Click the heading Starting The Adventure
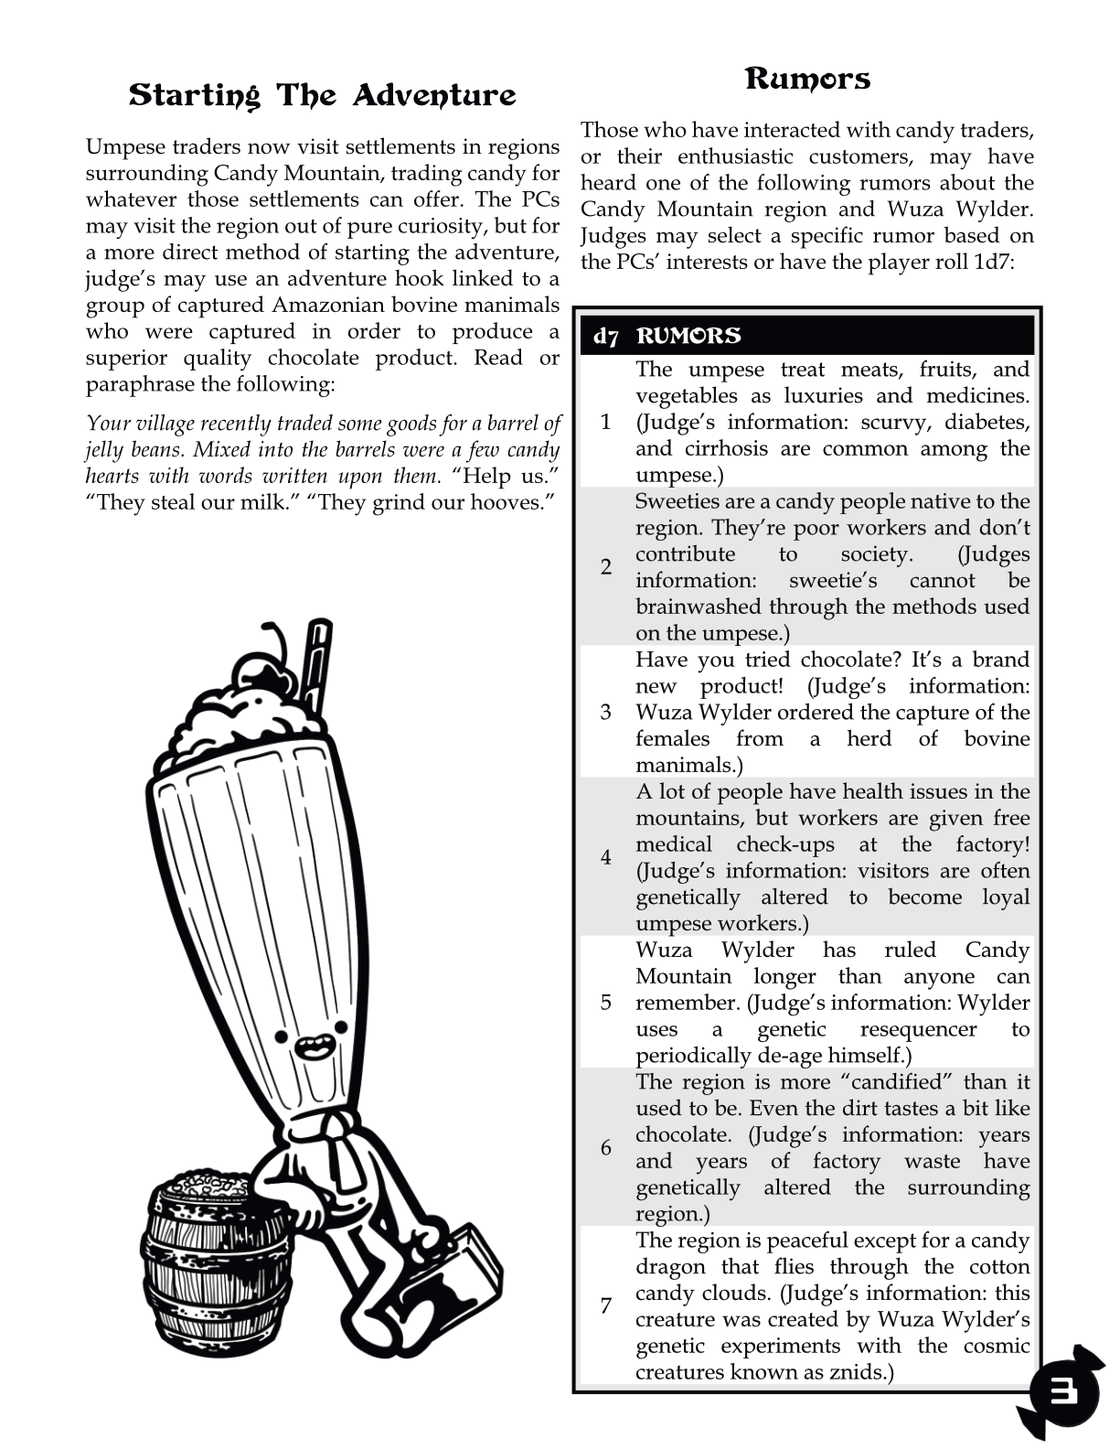pyautogui.click(x=322, y=95)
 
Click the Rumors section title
pyautogui.click(x=807, y=79)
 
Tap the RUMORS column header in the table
pyautogui.click(x=688, y=336)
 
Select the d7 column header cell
pyautogui.click(x=605, y=336)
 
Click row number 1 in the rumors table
pyautogui.click(x=605, y=422)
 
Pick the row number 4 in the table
pyautogui.click(x=605, y=857)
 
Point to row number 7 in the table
pyautogui.click(x=605, y=1305)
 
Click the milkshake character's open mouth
pyautogui.click(x=314, y=1043)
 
